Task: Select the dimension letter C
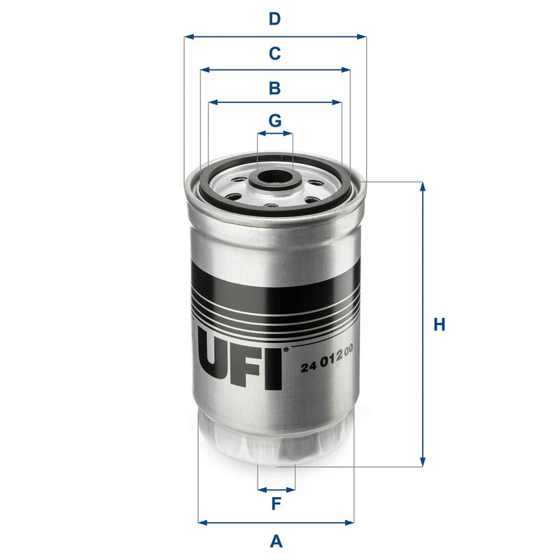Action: [x=275, y=53]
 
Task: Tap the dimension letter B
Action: [x=275, y=88]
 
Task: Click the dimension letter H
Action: [x=439, y=325]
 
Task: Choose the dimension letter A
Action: [x=276, y=540]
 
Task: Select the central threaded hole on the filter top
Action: [x=275, y=178]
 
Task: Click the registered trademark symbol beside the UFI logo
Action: [x=285, y=348]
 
